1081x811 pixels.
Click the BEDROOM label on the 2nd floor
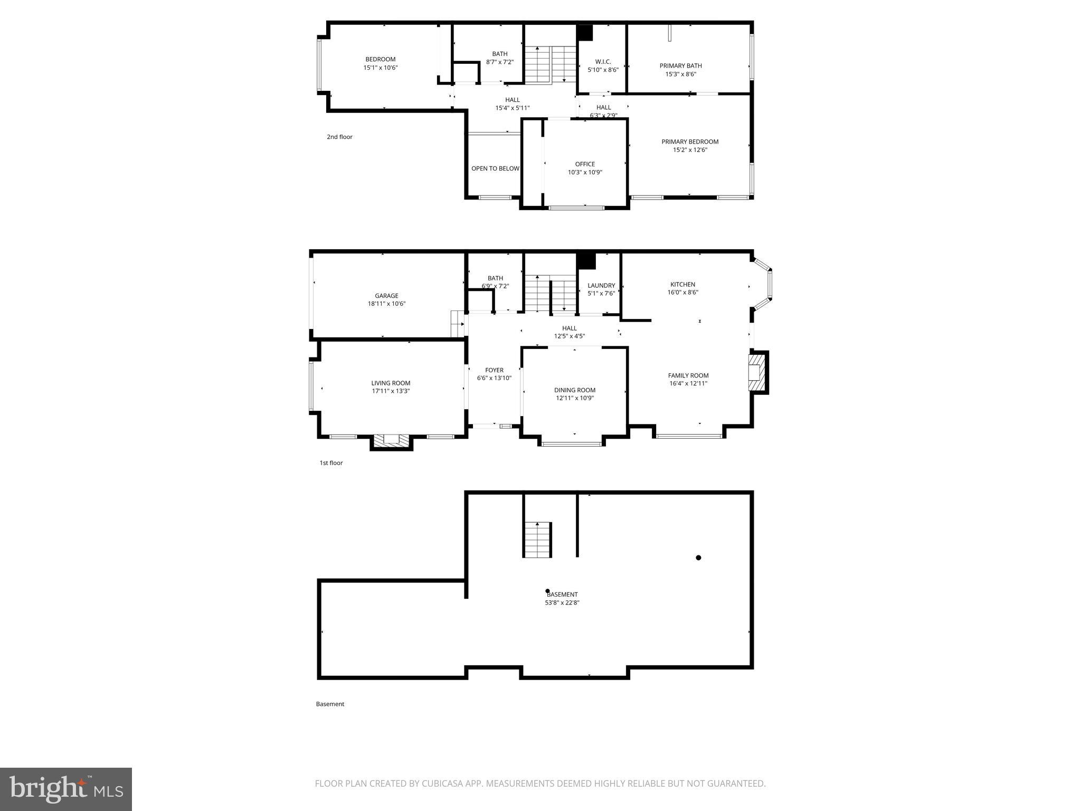tap(380, 59)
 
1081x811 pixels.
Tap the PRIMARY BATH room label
tap(680, 66)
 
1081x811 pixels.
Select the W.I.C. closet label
tap(603, 61)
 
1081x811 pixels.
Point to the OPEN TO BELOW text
tap(495, 168)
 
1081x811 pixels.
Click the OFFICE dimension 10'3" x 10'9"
tap(585, 172)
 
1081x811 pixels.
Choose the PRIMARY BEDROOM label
tap(690, 142)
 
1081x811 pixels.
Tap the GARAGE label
tap(386, 296)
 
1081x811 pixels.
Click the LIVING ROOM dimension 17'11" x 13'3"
tap(391, 391)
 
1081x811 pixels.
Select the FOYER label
tap(494, 370)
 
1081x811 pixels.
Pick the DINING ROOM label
tap(574, 390)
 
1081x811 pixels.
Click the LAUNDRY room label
tap(601, 286)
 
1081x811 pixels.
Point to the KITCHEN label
tap(682, 284)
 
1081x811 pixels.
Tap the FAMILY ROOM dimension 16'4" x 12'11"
tap(688, 384)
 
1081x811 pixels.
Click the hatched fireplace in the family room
tap(758, 373)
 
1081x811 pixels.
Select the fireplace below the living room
tap(391, 441)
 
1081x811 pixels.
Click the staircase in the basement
tap(537, 539)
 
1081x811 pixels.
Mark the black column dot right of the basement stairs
tap(698, 558)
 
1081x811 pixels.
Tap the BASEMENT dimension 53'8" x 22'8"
tap(562, 602)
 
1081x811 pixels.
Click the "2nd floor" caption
tap(339, 137)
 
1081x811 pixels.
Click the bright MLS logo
tap(66, 789)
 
